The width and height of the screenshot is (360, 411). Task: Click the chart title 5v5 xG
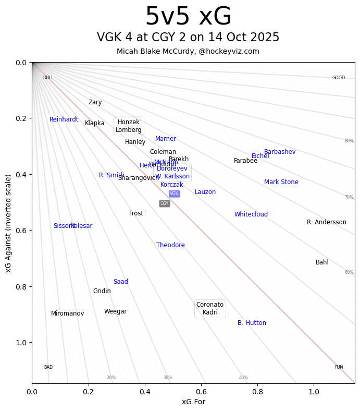coord(188,17)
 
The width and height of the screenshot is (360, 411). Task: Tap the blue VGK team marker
coord(174,194)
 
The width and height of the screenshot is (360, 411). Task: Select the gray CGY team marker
coord(165,203)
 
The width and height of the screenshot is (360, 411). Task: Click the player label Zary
coord(95,103)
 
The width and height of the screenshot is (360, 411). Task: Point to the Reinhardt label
coord(64,119)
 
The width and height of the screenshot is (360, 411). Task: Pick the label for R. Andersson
coord(327,222)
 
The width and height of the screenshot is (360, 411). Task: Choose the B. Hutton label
coord(252,323)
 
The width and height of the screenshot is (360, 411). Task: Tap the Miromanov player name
coord(67,313)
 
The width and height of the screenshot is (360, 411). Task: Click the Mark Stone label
coord(281,182)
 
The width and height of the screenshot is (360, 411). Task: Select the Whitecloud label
coord(251,214)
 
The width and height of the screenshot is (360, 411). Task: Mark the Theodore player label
coord(170,245)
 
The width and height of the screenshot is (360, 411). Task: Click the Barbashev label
coord(280,152)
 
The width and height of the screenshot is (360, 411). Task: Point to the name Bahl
coord(322,262)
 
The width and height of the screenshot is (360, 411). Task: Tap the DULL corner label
coord(48,78)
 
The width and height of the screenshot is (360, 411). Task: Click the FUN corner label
coord(339,367)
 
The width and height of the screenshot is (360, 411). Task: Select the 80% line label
coord(349,141)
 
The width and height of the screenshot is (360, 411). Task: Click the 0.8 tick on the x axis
coord(257,391)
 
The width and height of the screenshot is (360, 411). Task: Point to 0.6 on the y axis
coord(21,231)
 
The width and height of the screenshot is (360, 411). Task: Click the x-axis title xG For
coord(193,402)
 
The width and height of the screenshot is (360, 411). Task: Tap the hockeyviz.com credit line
coord(188,51)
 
